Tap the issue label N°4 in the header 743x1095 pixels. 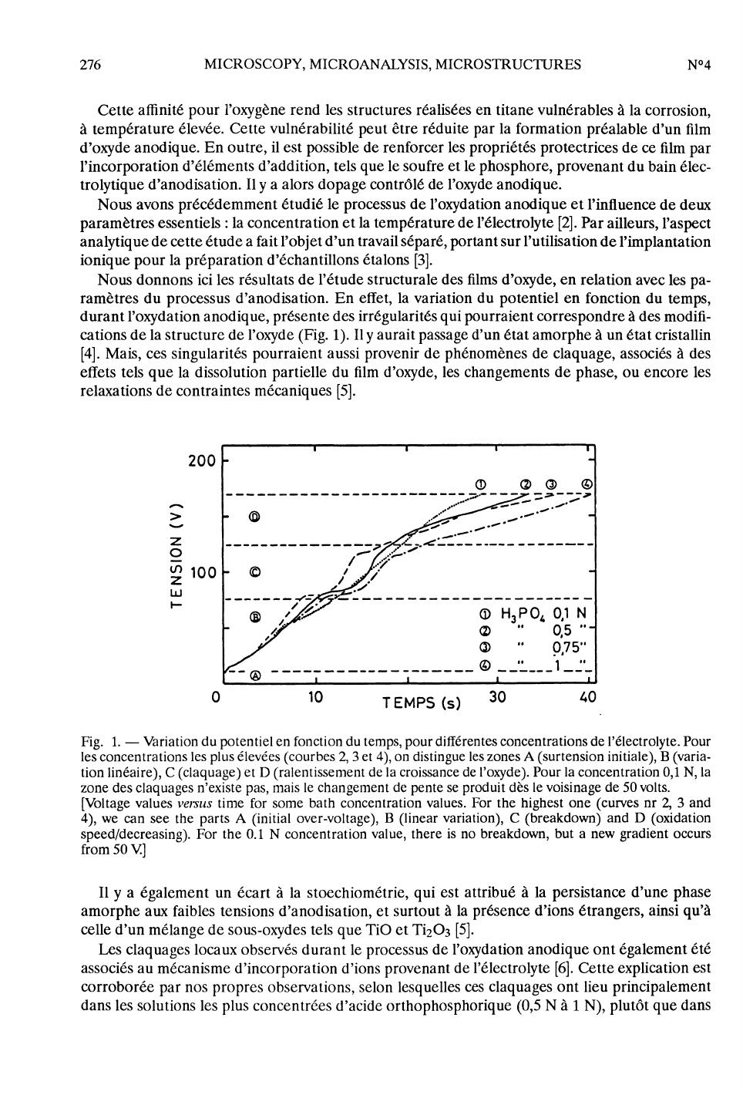pos(698,65)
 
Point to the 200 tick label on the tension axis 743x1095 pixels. pos(202,461)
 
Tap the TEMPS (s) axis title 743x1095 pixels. pos(422,702)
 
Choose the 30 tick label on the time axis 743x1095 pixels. pos(498,697)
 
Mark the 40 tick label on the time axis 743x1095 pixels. pos(588,697)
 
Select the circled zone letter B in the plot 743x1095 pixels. pos(255,617)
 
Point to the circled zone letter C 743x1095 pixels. pos(255,573)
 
